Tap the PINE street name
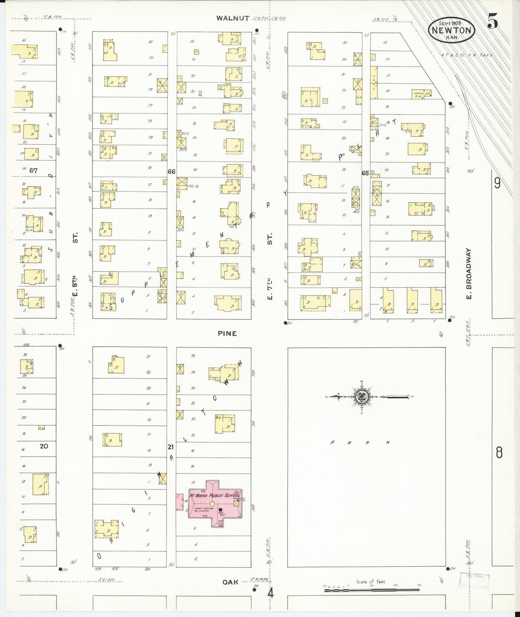click(x=227, y=333)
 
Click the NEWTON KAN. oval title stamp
click(x=452, y=30)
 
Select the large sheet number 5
click(x=493, y=22)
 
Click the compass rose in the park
click(x=361, y=397)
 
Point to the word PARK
click(x=360, y=443)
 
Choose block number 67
click(x=33, y=171)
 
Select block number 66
click(x=171, y=172)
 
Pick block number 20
click(x=44, y=446)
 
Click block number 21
click(x=171, y=447)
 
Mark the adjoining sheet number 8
click(x=499, y=452)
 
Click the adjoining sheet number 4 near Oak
click(x=270, y=593)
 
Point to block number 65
click(x=365, y=173)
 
